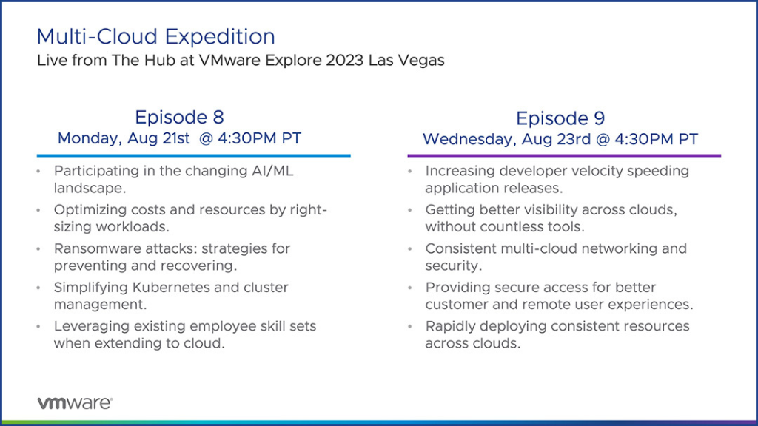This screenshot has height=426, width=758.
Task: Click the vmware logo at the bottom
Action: click(x=75, y=403)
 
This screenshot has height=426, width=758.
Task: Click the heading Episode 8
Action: click(x=179, y=117)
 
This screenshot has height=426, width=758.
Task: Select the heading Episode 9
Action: click(x=560, y=118)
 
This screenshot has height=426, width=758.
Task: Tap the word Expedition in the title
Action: click(x=220, y=37)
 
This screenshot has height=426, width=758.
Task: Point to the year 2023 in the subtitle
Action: click(x=345, y=61)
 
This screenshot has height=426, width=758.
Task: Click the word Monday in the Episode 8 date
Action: click(x=90, y=138)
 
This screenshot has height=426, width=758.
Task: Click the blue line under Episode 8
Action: click(x=193, y=155)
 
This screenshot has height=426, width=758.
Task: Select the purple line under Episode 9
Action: click(x=564, y=155)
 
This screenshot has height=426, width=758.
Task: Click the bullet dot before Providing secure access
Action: click(x=410, y=288)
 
